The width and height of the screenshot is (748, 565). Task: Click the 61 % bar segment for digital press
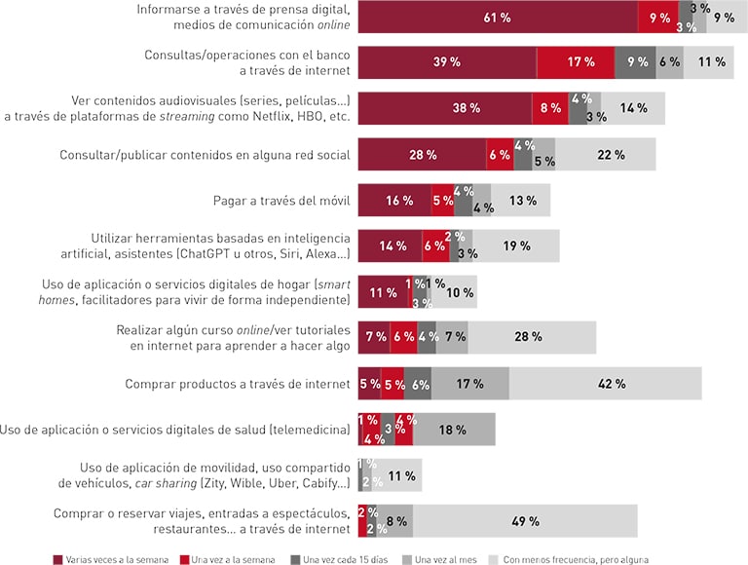point(498,17)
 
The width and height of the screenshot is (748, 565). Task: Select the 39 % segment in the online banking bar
point(447,62)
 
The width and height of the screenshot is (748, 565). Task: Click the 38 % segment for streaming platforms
point(445,108)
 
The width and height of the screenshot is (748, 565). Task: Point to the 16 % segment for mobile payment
point(394,201)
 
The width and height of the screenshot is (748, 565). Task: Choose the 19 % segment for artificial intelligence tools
point(516,246)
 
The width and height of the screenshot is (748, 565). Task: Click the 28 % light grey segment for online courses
point(532,337)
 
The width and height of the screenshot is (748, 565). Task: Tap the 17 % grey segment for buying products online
point(469,384)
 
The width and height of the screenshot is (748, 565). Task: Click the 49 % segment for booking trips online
point(525,521)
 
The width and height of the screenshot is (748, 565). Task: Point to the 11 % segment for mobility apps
point(402,475)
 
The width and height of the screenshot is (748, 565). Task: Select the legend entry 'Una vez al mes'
point(443,559)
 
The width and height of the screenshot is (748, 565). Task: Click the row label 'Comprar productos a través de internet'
point(237,384)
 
